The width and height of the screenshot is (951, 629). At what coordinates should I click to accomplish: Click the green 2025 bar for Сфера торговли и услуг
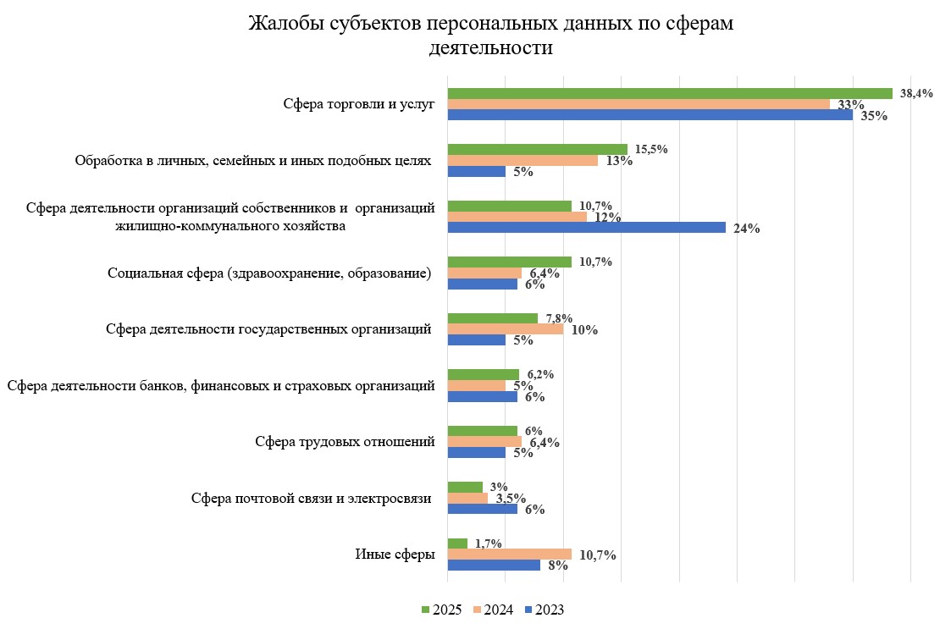point(669,93)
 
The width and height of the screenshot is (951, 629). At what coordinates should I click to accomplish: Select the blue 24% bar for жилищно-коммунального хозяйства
point(586,228)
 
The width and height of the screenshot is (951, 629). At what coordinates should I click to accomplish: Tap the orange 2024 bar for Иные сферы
point(509,555)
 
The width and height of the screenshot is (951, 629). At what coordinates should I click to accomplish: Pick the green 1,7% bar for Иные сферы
point(457,543)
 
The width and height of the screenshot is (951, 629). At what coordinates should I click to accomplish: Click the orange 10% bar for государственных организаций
point(505,329)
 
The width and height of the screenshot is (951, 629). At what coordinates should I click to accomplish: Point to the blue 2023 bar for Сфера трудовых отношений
point(476,453)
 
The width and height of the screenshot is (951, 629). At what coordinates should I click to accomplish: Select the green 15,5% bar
point(537,149)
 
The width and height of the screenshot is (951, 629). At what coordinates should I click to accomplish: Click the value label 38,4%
point(916,94)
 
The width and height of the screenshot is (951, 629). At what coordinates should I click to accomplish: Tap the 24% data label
point(747,229)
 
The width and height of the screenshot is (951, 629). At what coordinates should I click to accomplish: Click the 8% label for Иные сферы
point(557,566)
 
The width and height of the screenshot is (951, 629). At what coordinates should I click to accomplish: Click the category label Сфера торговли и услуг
point(358,104)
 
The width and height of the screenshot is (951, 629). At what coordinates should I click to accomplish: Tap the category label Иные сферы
point(395,555)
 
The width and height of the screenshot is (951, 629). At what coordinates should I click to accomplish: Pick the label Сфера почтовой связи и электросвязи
point(312,498)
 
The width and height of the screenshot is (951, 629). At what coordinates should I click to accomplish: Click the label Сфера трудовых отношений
point(345,442)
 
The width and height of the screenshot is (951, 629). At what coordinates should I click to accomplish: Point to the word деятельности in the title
point(491,47)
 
